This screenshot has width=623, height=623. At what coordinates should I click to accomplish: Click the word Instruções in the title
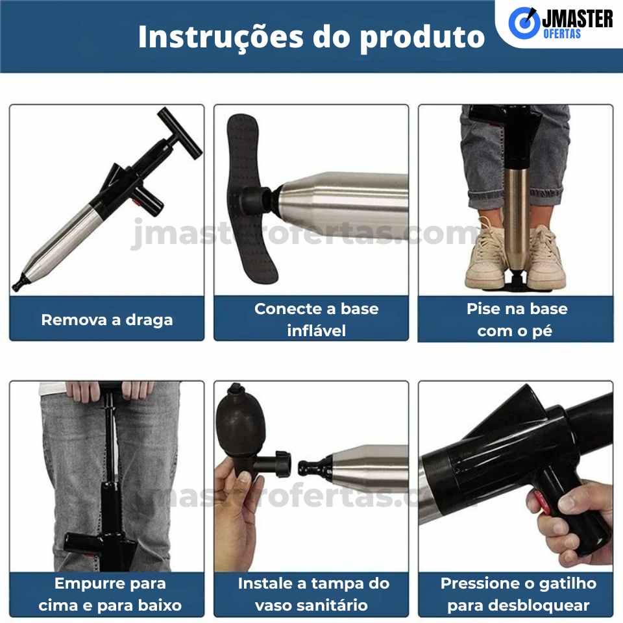(222, 37)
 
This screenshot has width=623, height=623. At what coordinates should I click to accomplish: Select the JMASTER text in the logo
(578, 19)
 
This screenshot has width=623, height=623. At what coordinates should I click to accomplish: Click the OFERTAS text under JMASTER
(562, 34)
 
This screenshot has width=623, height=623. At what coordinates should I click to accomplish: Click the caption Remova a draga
(107, 320)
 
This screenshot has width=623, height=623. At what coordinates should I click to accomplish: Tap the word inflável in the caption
(316, 330)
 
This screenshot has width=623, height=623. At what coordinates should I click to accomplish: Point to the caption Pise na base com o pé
(516, 319)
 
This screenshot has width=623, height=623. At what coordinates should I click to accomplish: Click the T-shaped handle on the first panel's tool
(180, 133)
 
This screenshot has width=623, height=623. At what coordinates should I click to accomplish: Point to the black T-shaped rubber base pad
(251, 199)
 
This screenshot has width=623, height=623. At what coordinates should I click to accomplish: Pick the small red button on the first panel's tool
(137, 202)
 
